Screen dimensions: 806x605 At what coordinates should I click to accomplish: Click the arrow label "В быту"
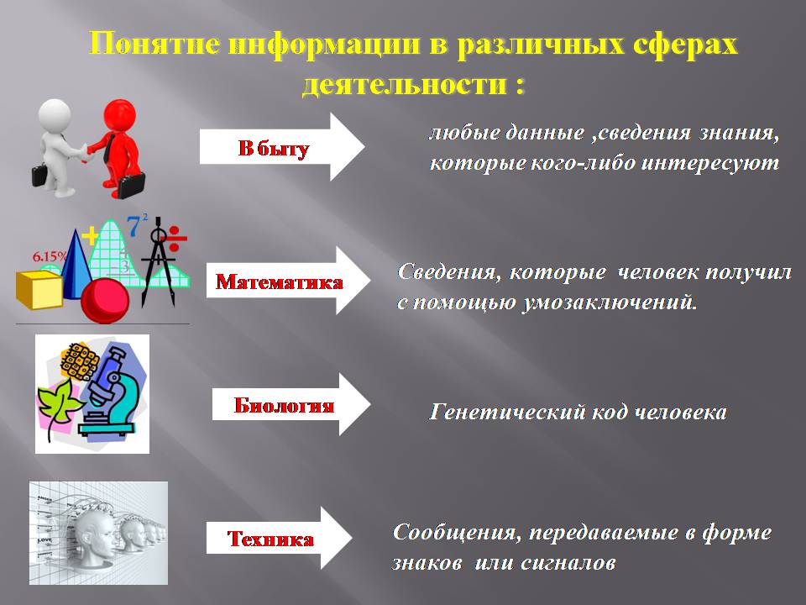(274, 148)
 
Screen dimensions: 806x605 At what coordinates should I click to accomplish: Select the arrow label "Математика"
(279, 282)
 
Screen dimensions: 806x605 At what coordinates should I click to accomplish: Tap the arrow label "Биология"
(284, 405)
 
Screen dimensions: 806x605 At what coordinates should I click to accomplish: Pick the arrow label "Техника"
(270, 539)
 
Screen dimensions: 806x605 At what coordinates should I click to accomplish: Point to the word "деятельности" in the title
(404, 83)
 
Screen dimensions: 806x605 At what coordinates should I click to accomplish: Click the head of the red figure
(120, 116)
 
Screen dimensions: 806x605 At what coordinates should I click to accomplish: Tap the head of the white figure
(55, 116)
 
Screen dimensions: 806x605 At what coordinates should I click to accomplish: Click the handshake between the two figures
(85, 153)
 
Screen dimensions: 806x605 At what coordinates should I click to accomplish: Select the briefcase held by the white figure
(40, 175)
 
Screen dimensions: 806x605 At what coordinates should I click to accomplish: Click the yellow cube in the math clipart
(39, 290)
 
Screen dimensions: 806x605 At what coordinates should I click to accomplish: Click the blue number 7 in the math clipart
(134, 226)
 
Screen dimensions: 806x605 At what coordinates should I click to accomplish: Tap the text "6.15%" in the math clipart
(50, 256)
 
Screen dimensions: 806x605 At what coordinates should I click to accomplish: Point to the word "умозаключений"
(610, 302)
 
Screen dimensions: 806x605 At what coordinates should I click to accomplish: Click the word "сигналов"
(568, 562)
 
